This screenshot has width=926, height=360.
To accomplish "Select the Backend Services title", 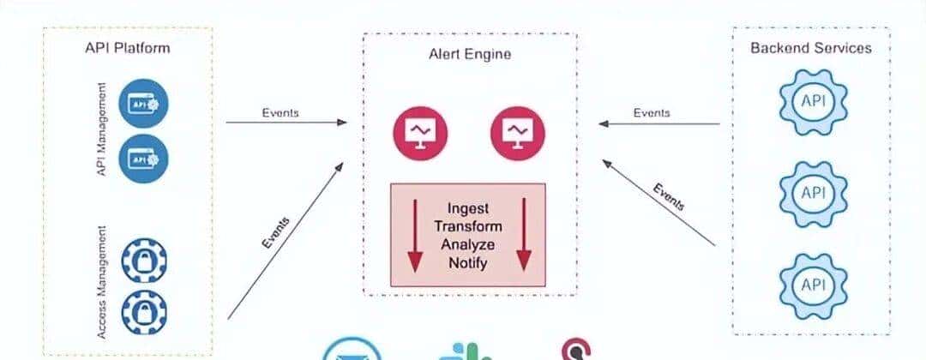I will coord(810,48).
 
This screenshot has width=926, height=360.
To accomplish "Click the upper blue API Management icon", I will coord(144,104).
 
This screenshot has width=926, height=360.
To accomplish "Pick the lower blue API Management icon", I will coord(144,159).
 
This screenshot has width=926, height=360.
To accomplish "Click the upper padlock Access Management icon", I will coord(144,261).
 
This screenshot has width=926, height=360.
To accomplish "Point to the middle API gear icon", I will coord(811,193).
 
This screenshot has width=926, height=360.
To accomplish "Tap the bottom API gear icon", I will coord(811,283).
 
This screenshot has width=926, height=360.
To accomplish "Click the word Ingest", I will coord(468,209).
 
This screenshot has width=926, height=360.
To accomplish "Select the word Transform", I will coord(468,226).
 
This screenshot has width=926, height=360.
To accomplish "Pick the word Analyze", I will coord(468,244).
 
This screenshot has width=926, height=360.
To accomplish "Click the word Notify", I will coord(468,262).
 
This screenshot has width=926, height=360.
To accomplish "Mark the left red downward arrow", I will coord(414,236).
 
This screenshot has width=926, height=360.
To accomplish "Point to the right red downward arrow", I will coord(523,236).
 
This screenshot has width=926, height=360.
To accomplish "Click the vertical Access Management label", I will coord(103,282).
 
